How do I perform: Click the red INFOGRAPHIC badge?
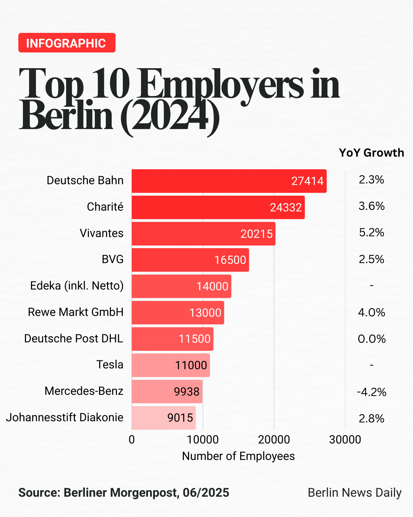pyautogui.click(x=67, y=43)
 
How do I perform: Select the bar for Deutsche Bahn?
pyautogui.click(x=229, y=181)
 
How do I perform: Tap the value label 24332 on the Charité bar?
pyautogui.click(x=286, y=208)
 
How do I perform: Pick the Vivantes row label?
pyautogui.click(x=101, y=233)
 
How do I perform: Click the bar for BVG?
pyautogui.click(x=190, y=260)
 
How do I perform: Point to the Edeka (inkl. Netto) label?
pyautogui.click(x=77, y=286)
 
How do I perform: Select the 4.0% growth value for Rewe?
pyautogui.click(x=371, y=312)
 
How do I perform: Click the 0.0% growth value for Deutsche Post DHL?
pyautogui.click(x=371, y=339)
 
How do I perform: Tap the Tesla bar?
pyautogui.click(x=171, y=365)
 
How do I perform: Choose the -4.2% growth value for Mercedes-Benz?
pyautogui.click(x=371, y=392)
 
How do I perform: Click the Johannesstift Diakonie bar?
pyautogui.click(x=163, y=418)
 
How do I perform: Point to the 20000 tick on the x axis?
pyautogui.click(x=274, y=440)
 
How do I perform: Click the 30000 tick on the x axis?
pyautogui.click(x=345, y=440)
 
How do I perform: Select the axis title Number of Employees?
pyautogui.click(x=238, y=456)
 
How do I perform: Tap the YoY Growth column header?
pyautogui.click(x=371, y=153)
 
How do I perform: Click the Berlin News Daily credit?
pyautogui.click(x=354, y=492)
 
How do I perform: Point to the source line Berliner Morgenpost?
pyautogui.click(x=124, y=492)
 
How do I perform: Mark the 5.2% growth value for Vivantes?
pyautogui.click(x=371, y=233)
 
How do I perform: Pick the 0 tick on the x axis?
pyautogui.click(x=132, y=440)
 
